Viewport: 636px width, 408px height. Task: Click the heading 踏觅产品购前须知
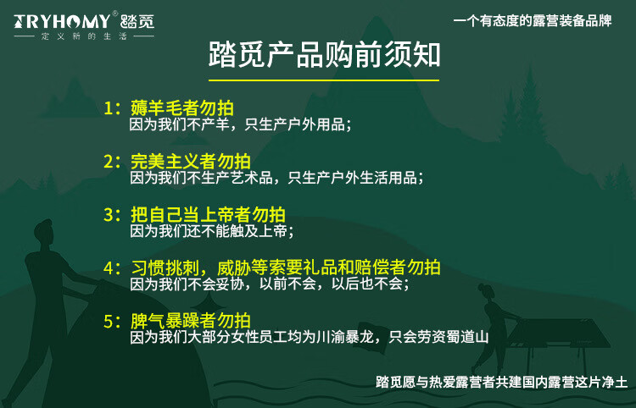[325, 55]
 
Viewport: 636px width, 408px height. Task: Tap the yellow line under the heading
[325, 80]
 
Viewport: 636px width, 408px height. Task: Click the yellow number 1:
[113, 108]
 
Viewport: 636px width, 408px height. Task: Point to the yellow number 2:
[113, 162]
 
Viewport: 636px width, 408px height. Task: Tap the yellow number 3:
[113, 215]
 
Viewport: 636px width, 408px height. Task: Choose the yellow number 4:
[113, 268]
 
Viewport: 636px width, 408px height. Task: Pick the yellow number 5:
[113, 322]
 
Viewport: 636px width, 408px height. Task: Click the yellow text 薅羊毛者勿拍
[182, 108]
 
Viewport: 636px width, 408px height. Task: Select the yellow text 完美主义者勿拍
[191, 162]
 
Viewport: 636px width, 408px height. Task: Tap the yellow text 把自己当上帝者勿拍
[208, 215]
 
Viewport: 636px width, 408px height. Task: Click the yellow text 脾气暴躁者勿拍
[191, 322]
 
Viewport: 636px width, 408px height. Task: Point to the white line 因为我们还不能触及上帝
[212, 231]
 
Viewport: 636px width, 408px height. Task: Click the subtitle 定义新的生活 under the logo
[84, 36]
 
